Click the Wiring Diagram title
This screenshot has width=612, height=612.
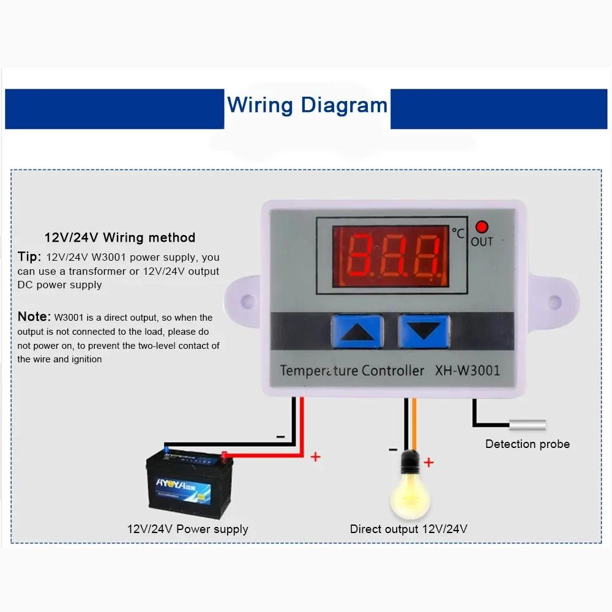point(307,105)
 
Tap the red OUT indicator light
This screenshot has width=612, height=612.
point(482,227)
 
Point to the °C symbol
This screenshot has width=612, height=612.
point(458,233)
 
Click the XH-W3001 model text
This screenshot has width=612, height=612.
point(467,370)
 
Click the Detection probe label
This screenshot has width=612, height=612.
point(527,444)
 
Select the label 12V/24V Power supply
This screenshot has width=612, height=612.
point(187,529)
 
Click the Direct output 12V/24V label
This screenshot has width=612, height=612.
point(408,529)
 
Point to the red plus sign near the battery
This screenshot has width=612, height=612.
point(316,457)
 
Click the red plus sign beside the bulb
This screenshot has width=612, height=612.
point(428,463)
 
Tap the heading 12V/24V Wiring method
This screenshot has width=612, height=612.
point(119,237)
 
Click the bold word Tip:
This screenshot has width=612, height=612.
point(29,256)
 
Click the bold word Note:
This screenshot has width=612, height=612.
point(34,316)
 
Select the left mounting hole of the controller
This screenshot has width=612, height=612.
point(247,301)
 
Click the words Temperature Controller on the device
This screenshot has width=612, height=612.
point(352,370)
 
